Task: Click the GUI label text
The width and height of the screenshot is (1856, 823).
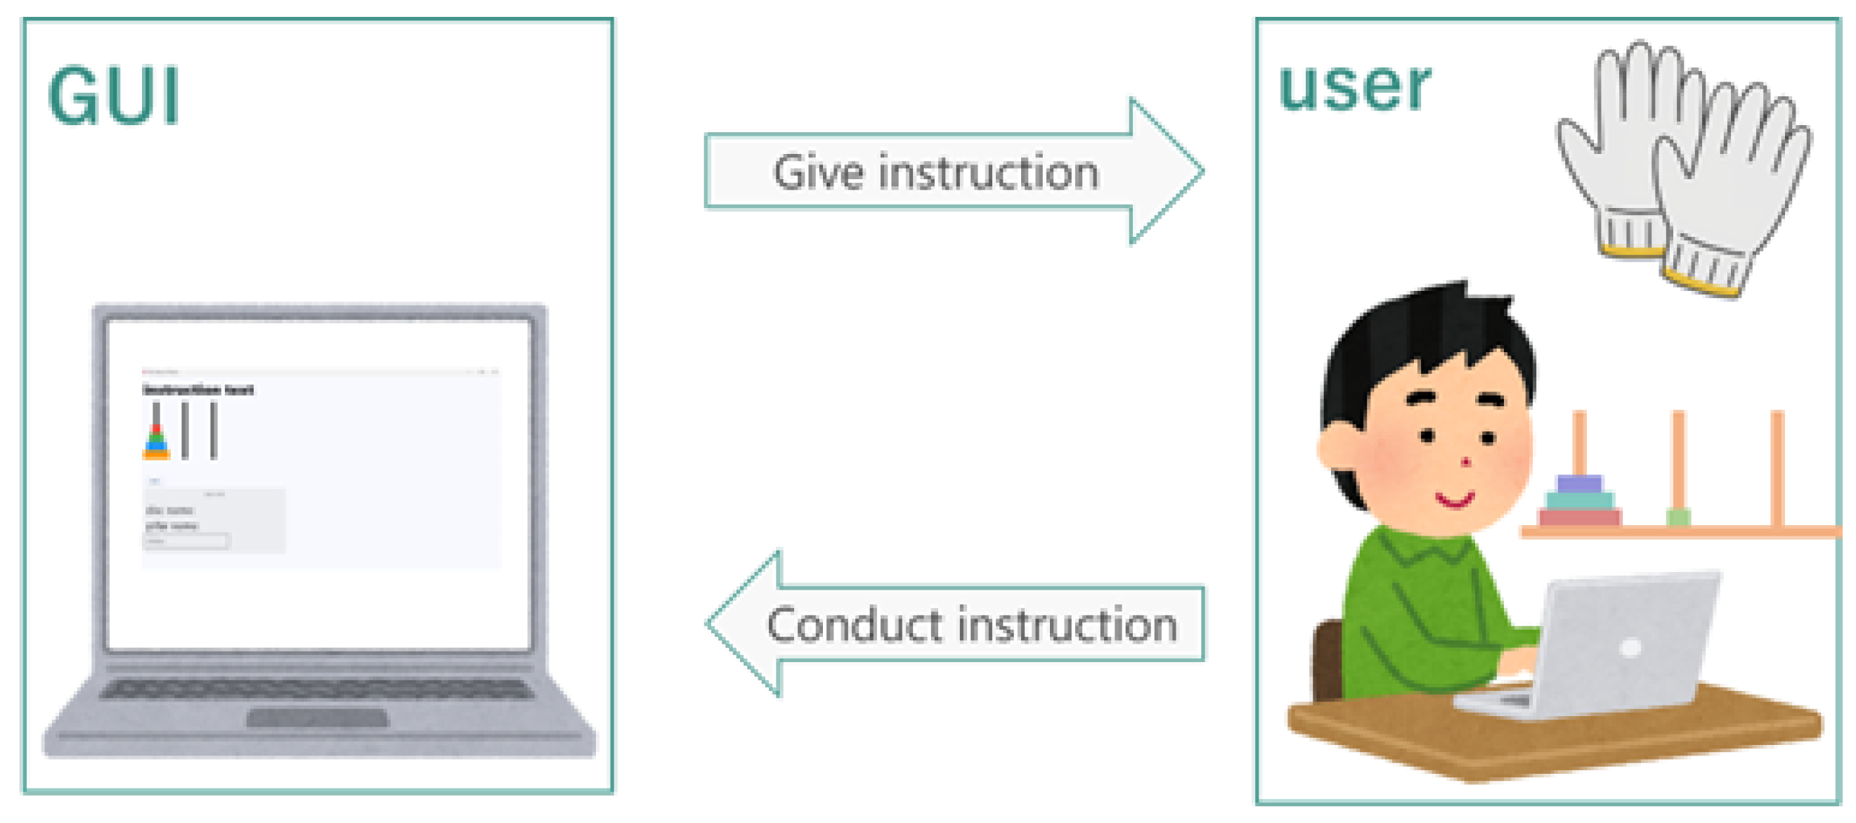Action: pos(113,96)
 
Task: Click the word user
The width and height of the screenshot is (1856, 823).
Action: pos(1354,88)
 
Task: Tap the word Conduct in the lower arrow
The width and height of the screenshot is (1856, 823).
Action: pos(854,625)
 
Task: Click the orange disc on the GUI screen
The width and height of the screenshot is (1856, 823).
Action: pos(156,454)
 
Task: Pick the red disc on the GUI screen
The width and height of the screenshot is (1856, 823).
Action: pos(156,429)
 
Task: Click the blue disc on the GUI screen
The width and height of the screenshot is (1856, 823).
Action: pos(156,446)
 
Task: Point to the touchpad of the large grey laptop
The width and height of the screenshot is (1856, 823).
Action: pos(317,718)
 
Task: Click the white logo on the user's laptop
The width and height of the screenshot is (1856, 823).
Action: pos(1630,648)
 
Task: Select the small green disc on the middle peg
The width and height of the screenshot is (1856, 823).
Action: pos(1678,517)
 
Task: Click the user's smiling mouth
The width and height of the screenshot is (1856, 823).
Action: pos(1455,500)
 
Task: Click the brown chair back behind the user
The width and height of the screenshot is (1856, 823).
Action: pos(1327,659)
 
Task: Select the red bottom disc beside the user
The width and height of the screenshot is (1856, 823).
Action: pos(1579,517)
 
